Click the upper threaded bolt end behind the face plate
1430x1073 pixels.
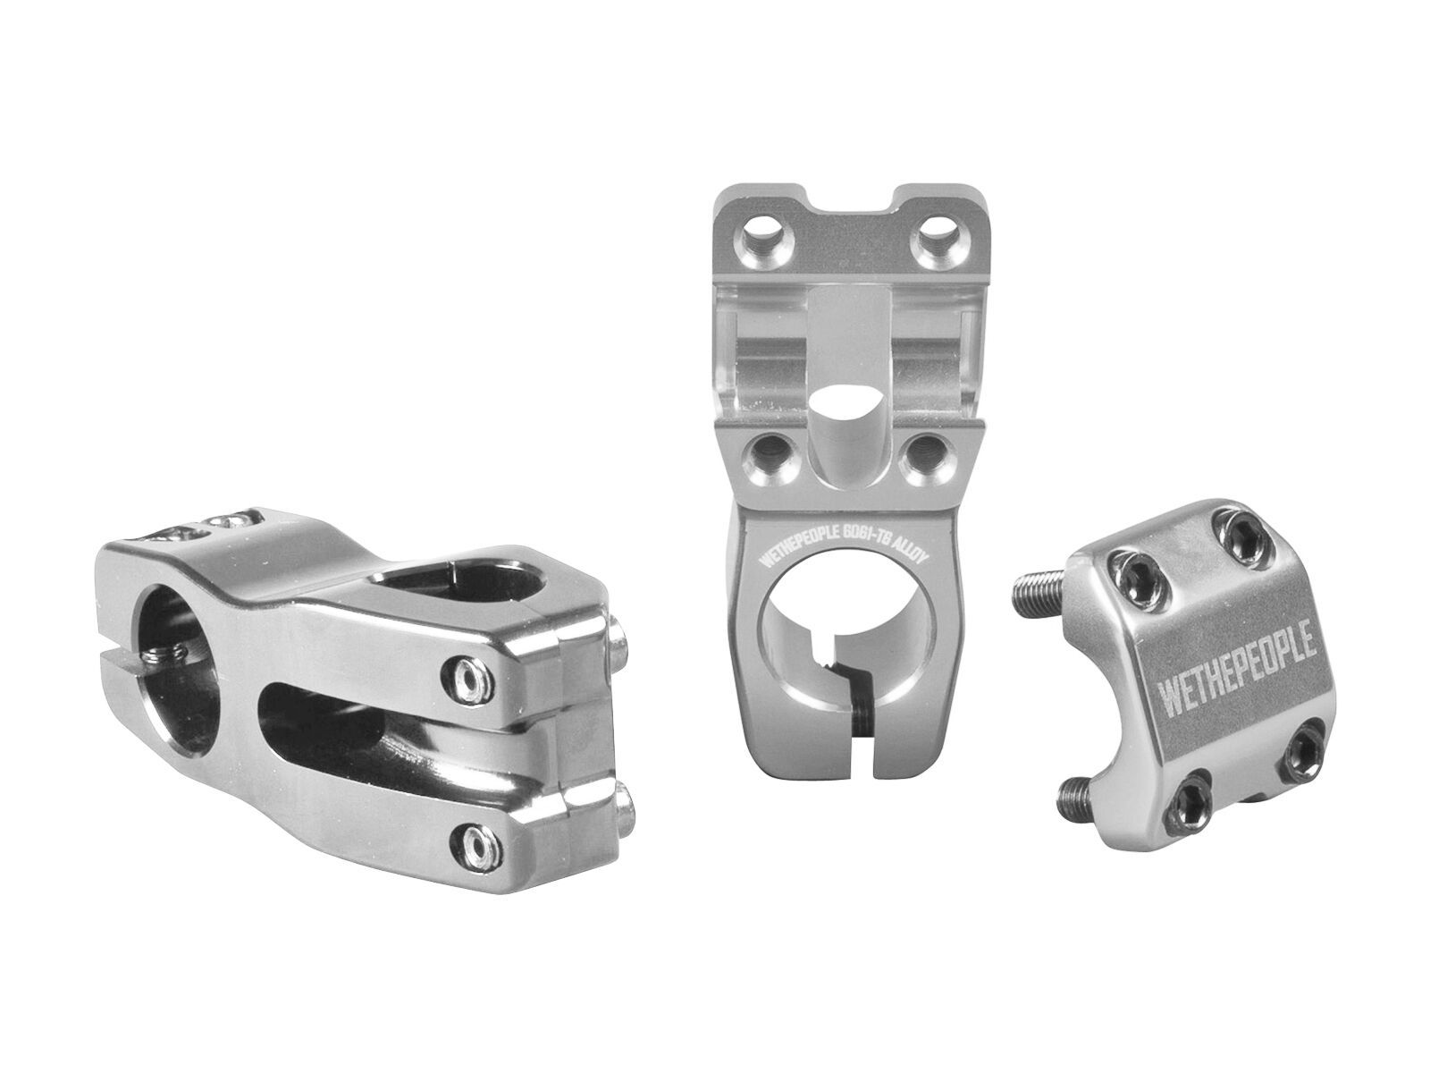point(1043,575)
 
